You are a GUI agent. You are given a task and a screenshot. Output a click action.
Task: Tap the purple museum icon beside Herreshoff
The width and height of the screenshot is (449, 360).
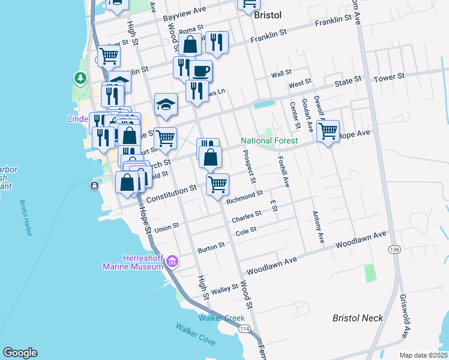point(172,261)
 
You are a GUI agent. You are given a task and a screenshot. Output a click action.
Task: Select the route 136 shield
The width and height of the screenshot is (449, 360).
point(394,249)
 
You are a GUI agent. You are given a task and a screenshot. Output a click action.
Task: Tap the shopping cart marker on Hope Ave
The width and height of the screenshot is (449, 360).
point(328,131)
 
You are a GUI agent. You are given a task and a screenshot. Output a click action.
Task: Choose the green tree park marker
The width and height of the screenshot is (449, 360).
point(80,79)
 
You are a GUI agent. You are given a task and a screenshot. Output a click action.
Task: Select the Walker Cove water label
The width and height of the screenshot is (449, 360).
point(195,334)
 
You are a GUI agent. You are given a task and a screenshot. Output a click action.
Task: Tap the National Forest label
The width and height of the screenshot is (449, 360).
point(270,141)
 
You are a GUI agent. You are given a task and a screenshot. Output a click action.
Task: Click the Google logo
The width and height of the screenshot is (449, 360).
point(20,353)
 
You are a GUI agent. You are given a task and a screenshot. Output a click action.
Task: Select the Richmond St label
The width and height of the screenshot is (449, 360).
point(244,196)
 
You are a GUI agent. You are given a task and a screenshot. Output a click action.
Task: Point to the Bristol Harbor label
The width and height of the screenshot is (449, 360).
point(25,218)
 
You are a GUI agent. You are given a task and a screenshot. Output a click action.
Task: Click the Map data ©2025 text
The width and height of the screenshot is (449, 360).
point(423,355)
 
